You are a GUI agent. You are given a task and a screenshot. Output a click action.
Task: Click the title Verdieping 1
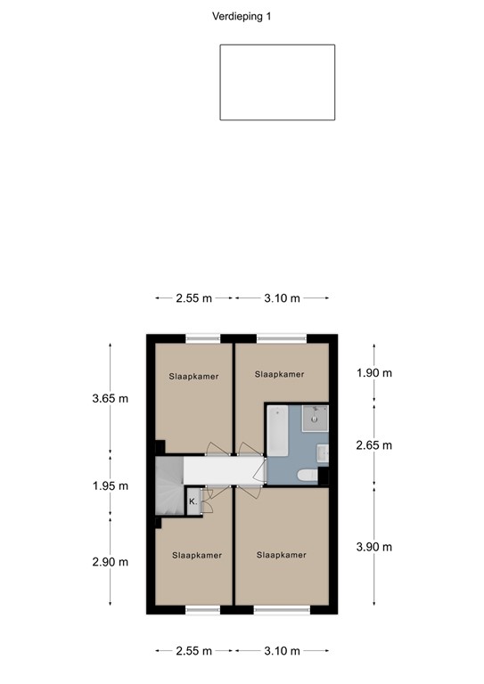coord(242,16)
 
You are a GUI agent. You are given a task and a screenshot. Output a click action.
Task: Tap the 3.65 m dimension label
coord(110,398)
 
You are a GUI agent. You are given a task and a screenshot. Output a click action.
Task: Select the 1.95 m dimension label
coord(110,486)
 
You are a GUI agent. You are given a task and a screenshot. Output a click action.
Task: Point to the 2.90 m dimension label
coord(110,562)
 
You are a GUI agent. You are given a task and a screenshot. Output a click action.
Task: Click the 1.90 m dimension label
coord(373,373)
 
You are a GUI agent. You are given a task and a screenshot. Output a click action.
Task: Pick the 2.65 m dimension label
coord(373,445)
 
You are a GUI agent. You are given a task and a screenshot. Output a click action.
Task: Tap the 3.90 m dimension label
coord(373,547)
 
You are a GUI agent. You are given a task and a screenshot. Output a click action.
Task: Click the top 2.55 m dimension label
coord(193,298)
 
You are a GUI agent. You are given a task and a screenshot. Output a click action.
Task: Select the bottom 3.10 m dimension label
coord(282,651)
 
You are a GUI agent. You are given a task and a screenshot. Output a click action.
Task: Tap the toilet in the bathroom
coord(306,476)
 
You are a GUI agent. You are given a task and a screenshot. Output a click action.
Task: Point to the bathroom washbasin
coord(324,454)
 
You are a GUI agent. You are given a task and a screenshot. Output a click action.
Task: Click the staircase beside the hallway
coord(168,486)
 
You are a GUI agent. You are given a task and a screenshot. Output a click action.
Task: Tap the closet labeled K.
coord(193,502)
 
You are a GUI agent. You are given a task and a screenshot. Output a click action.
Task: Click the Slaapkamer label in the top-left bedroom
coord(194,377)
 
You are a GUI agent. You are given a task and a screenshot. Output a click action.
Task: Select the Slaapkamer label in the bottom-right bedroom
coord(282,555)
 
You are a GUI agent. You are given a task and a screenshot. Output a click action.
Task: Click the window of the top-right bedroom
coord(282,338)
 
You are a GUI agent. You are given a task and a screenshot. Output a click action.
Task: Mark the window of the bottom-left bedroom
coord(202,610)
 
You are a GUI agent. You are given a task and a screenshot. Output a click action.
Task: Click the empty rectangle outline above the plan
coord(277,82)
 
